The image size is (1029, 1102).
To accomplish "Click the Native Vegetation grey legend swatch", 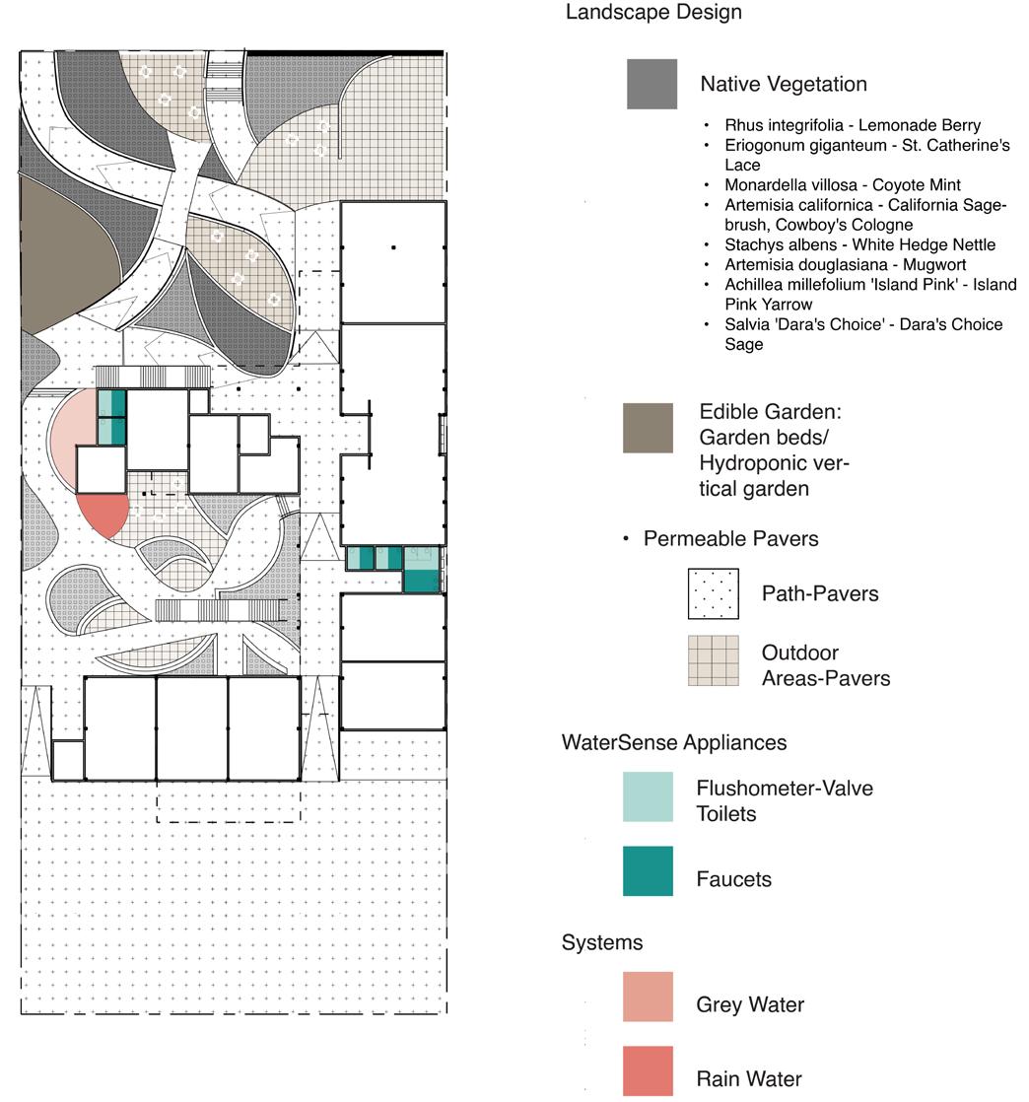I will (x=652, y=84).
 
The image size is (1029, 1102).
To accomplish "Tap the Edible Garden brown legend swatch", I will (x=648, y=428).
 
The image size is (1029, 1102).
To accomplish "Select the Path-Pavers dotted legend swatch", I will (x=714, y=593).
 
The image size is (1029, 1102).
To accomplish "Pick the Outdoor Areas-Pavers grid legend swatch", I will (x=714, y=660).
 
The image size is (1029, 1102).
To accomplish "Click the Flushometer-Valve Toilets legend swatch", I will (x=648, y=796).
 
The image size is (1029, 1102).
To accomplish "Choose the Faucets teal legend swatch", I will (x=648, y=870).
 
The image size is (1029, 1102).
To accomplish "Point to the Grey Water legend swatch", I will (x=648, y=997).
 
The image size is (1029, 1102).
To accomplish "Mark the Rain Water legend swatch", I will (x=648, y=1070).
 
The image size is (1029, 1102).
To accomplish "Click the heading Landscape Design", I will (x=653, y=13).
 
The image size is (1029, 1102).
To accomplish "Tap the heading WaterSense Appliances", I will (x=674, y=742).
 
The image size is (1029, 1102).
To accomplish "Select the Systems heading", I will (x=602, y=942).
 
